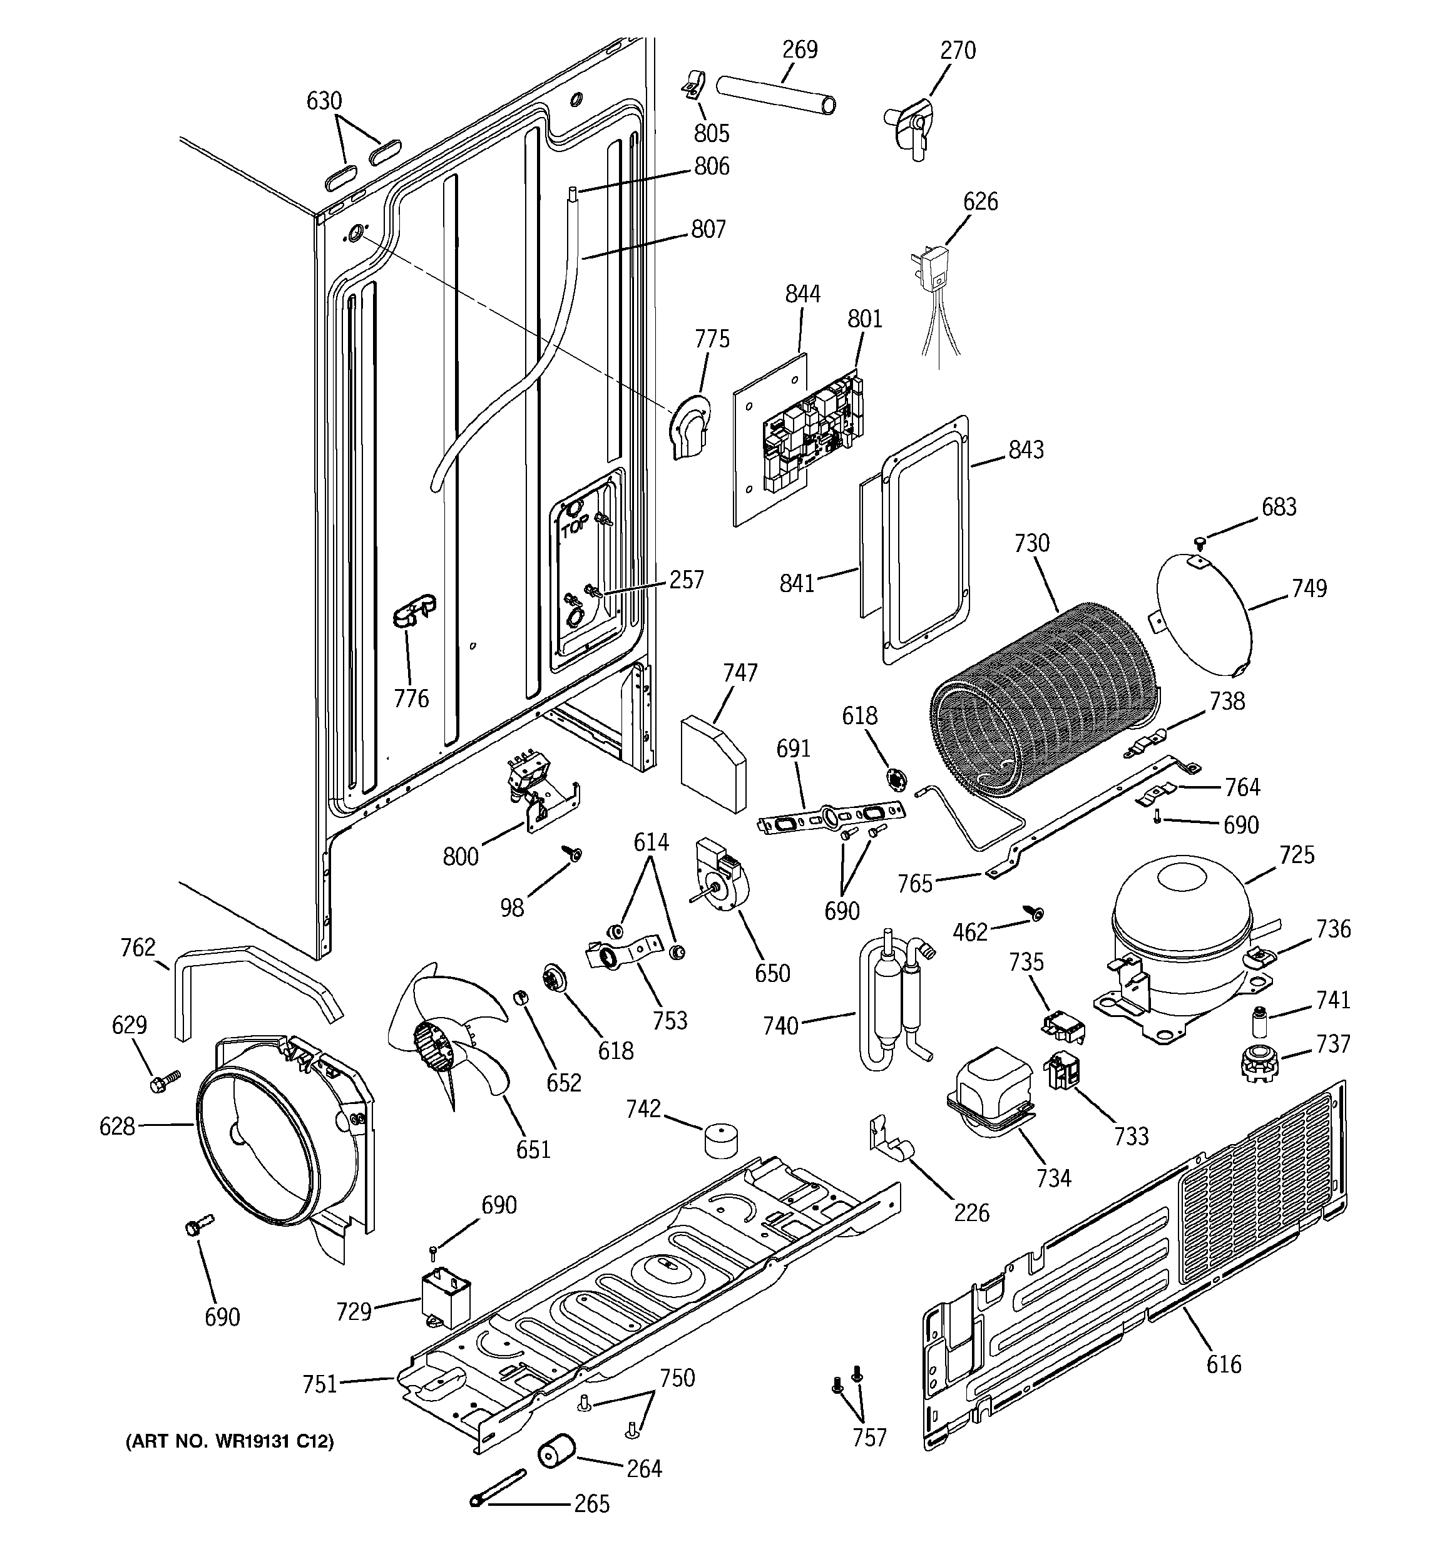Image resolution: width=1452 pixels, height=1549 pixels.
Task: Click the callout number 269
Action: [800, 50]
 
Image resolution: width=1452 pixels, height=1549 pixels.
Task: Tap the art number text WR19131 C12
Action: [230, 1442]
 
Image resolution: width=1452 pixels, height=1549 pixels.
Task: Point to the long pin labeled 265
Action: [499, 1488]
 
